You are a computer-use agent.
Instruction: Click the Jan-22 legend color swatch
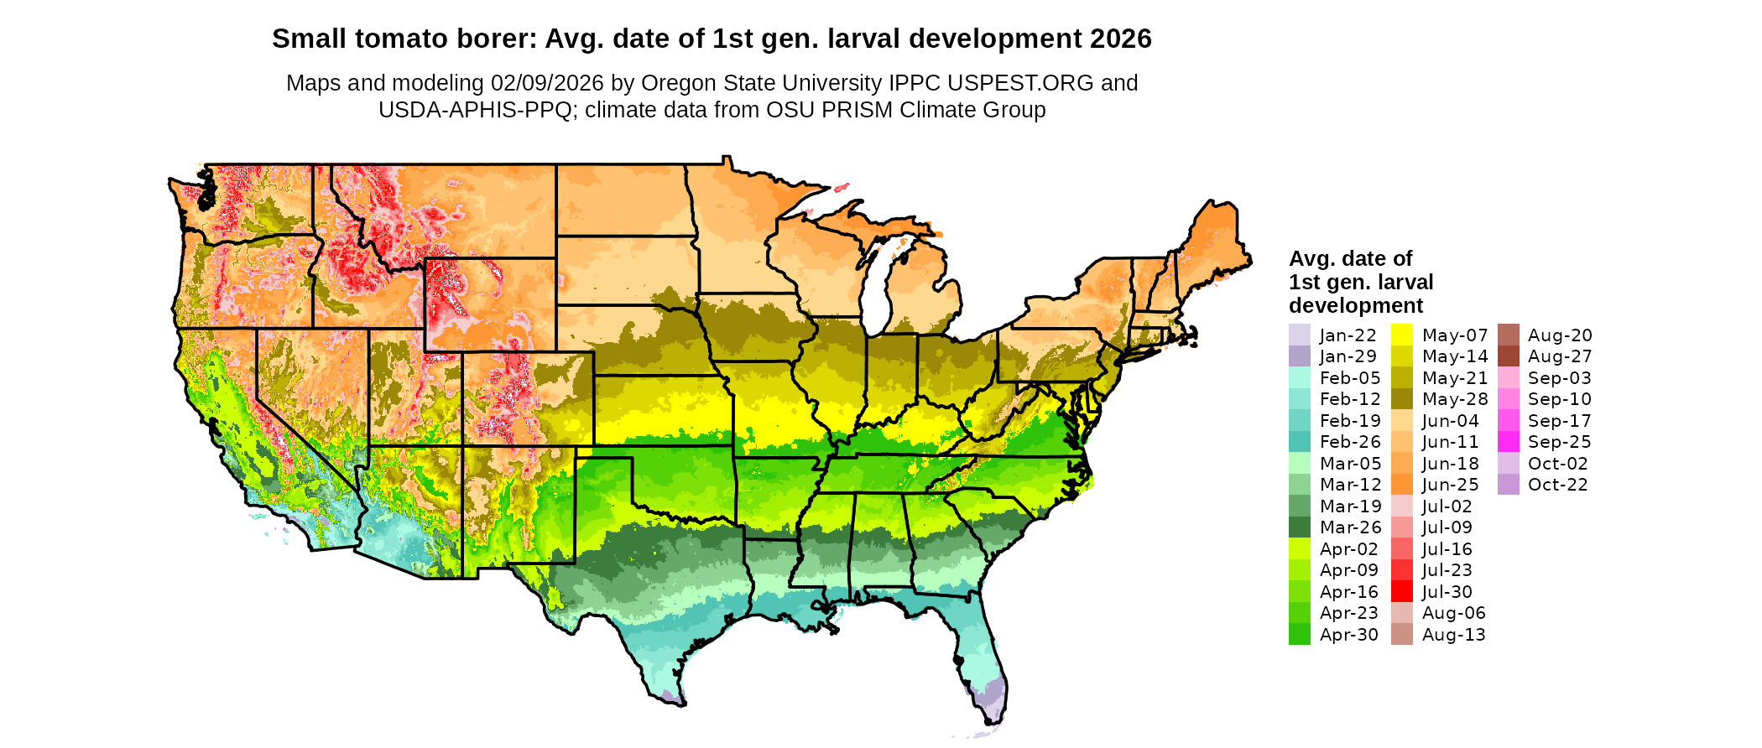pyautogui.click(x=1299, y=335)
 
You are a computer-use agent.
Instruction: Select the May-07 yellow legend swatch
pyautogui.click(x=1401, y=335)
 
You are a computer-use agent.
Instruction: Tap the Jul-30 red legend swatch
pyautogui.click(x=1401, y=591)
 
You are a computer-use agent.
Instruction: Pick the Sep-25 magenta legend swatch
pyautogui.click(x=1508, y=441)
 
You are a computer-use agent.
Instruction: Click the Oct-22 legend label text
pyautogui.click(x=1557, y=485)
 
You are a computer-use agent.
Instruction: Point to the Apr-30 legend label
pyautogui.click(x=1348, y=635)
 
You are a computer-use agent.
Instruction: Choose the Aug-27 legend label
pyautogui.click(x=1559, y=356)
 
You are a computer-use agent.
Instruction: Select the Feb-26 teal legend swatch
pyautogui.click(x=1299, y=441)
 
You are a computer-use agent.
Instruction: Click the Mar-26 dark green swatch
pyautogui.click(x=1299, y=527)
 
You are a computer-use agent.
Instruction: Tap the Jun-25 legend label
pyautogui.click(x=1450, y=485)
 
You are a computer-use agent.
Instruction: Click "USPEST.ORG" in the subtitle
pyautogui.click(x=1020, y=83)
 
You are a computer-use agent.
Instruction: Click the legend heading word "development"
pyautogui.click(x=1356, y=305)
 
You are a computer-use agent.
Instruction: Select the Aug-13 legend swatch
pyautogui.click(x=1401, y=635)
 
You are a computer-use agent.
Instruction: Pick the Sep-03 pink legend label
pyautogui.click(x=1559, y=377)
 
